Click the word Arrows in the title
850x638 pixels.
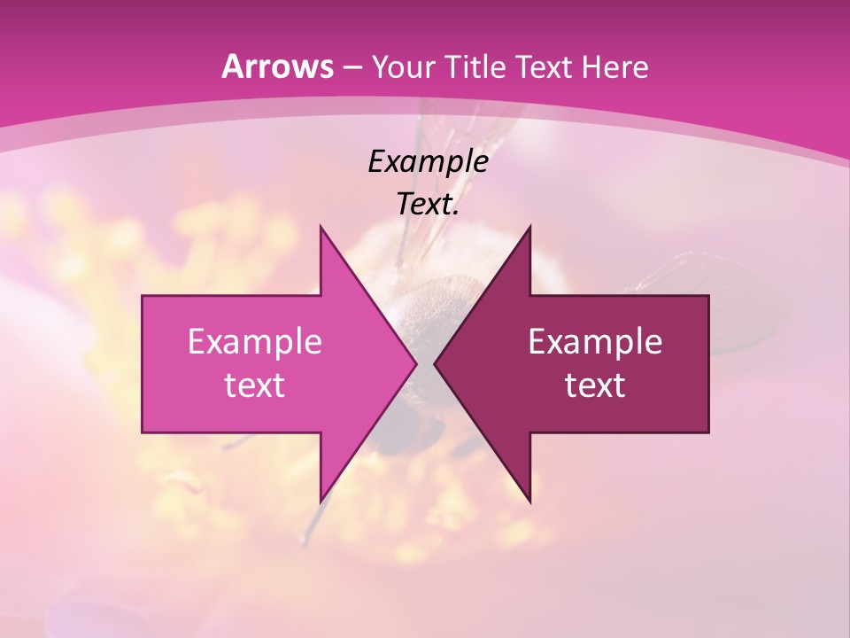click(x=277, y=66)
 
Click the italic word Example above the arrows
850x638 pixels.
click(x=428, y=161)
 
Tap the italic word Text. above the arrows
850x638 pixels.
click(x=428, y=205)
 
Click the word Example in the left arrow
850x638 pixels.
click(x=255, y=341)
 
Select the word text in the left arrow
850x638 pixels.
click(x=255, y=385)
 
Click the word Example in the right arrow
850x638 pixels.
click(x=595, y=341)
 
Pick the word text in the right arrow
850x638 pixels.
click(x=595, y=385)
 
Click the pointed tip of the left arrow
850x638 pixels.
click(x=416, y=363)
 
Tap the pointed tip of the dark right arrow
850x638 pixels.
click(x=435, y=363)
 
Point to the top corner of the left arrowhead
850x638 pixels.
click(x=321, y=227)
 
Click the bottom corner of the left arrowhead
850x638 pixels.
click(x=321, y=502)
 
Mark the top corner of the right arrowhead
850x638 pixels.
click(x=530, y=227)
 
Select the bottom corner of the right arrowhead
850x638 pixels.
click(x=530, y=502)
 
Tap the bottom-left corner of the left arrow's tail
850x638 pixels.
click(x=143, y=432)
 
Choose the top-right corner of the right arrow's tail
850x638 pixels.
click(x=708, y=296)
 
